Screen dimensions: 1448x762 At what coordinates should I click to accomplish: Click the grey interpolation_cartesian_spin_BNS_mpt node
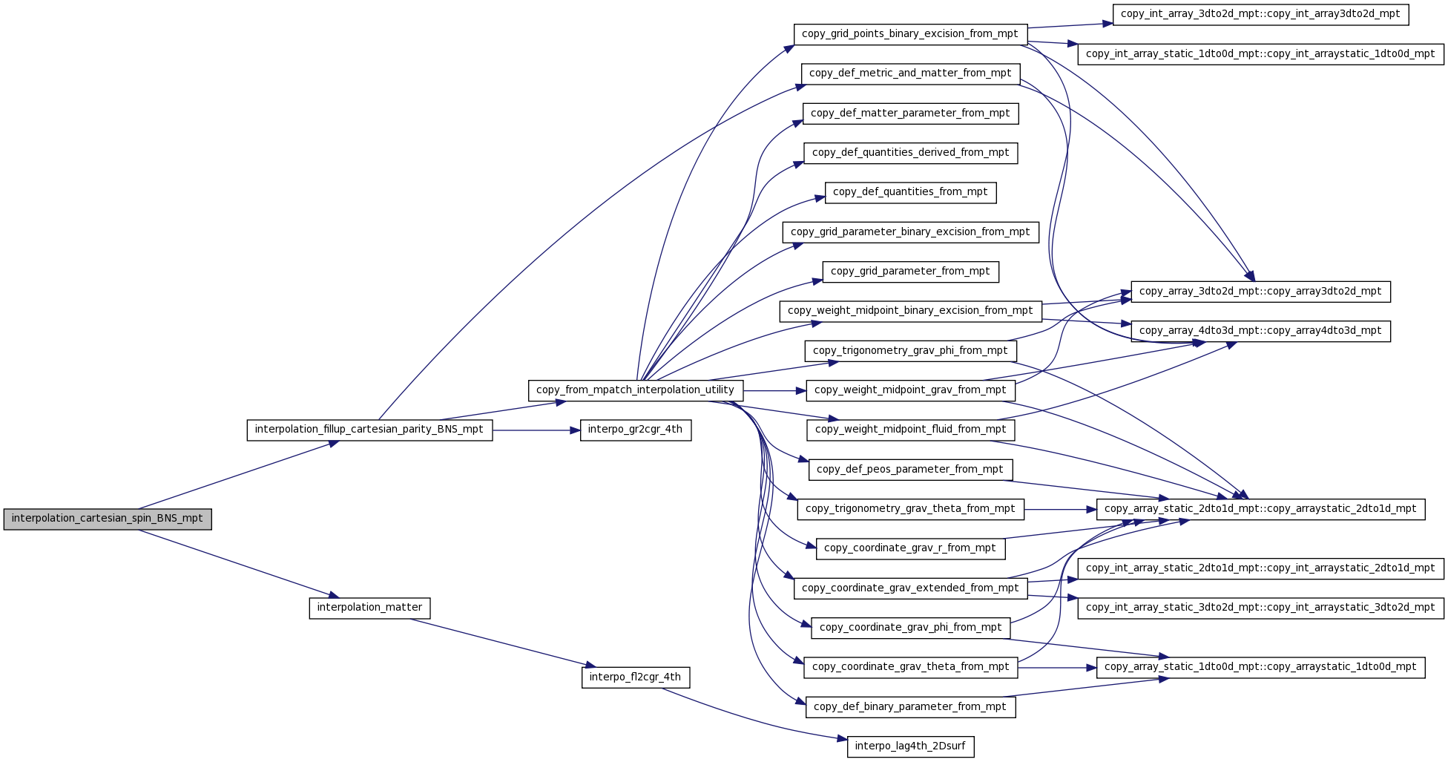click(x=108, y=519)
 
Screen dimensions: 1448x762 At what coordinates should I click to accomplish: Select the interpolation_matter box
click(x=369, y=608)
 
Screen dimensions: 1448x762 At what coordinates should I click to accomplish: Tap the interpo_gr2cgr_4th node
click(x=636, y=430)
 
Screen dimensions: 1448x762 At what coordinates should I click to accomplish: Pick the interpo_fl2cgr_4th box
click(x=636, y=677)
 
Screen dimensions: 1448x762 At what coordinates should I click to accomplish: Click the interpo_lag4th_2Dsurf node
click(x=910, y=746)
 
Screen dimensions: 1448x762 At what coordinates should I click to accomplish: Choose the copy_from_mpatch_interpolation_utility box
click(x=635, y=391)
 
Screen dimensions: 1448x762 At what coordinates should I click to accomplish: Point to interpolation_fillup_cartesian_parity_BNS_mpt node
click(x=369, y=430)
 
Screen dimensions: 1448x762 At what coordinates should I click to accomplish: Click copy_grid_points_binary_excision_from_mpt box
click(x=910, y=35)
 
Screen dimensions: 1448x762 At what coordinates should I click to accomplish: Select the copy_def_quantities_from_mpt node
click(x=910, y=193)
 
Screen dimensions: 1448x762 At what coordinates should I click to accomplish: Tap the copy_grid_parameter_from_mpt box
click(x=910, y=272)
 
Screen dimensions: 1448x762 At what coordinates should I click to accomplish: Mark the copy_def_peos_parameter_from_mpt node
click(x=910, y=470)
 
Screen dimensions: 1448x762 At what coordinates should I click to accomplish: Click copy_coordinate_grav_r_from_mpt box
click(x=910, y=549)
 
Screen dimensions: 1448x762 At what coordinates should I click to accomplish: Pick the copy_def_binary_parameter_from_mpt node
click(x=910, y=707)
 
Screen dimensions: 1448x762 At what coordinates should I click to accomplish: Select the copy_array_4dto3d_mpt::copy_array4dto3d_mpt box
click(x=1260, y=332)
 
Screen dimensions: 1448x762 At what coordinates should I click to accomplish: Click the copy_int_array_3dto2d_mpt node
click(x=1260, y=15)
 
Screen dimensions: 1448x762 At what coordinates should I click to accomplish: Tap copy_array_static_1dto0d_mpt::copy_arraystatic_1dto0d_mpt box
click(x=1260, y=668)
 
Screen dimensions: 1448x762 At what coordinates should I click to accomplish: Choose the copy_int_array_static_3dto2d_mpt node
click(x=1260, y=608)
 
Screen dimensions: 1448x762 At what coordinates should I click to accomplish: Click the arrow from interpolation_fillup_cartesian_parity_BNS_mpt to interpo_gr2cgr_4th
click(x=536, y=430)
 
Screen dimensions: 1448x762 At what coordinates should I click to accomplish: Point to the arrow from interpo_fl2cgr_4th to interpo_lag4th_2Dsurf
click(x=754, y=715)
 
